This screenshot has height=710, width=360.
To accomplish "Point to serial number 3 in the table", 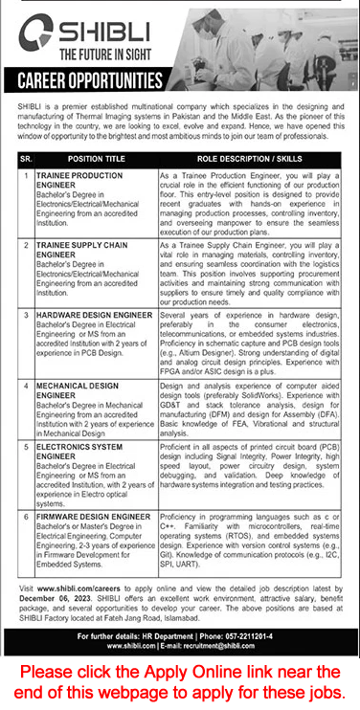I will click(22, 313).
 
